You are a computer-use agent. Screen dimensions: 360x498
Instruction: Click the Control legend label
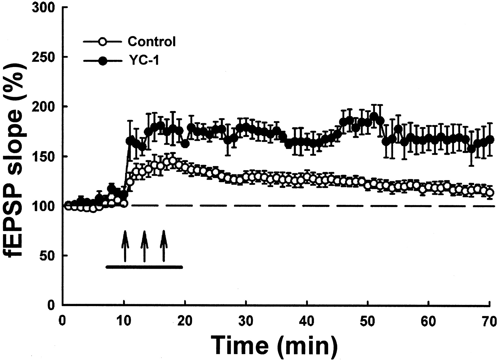pyautogui.click(x=151, y=42)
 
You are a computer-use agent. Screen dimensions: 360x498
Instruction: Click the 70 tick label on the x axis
pyautogui.click(x=489, y=322)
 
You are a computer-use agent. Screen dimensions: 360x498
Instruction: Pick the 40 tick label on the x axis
pyautogui.click(x=307, y=322)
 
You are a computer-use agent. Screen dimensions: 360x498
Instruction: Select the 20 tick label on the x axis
pyautogui.click(x=185, y=322)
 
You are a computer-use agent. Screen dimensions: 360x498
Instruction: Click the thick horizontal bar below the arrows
pyautogui.click(x=144, y=267)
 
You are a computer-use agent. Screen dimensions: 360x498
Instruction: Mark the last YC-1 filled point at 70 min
pyautogui.click(x=490, y=140)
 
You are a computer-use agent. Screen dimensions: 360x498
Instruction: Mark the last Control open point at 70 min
pyautogui.click(x=490, y=193)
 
